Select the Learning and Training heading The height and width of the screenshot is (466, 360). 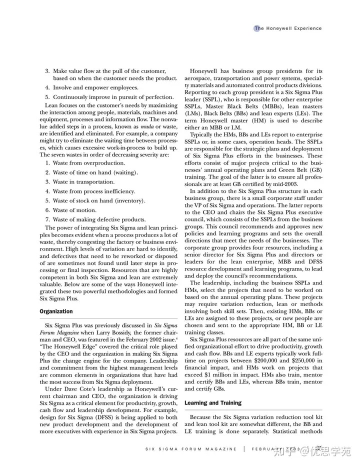point(213,402)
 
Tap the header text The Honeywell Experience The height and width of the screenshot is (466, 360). point(289,28)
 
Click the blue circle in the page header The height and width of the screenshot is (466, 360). point(256,28)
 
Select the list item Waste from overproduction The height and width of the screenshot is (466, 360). point(82,163)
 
